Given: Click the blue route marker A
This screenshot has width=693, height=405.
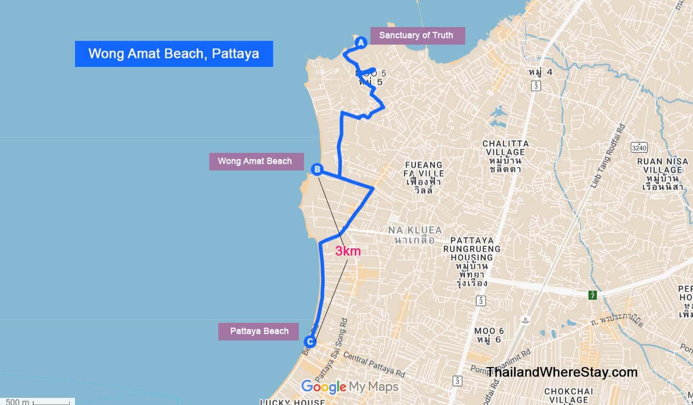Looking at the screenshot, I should click(x=361, y=43).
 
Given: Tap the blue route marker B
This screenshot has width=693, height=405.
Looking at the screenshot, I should click(x=317, y=169).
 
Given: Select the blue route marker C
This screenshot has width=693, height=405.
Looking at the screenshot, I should click(x=310, y=341).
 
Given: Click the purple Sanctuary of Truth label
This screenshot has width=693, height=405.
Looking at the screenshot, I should click(x=416, y=35).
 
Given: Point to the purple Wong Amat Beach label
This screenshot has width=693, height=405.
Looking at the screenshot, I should click(x=255, y=161).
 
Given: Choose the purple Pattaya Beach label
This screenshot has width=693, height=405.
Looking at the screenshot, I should click(x=259, y=331).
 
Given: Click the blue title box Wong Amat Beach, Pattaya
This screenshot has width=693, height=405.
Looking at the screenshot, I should click(x=174, y=54).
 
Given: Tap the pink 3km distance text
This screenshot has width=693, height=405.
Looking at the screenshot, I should click(x=348, y=251).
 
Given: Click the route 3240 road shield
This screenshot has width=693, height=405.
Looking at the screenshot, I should click(x=639, y=148).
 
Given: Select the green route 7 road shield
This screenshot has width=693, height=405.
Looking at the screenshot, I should click(x=592, y=295).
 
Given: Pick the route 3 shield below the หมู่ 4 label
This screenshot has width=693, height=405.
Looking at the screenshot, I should click(x=536, y=86).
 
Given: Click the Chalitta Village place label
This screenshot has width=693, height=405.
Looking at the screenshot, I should click(x=505, y=156).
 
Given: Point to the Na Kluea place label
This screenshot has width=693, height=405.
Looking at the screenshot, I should click(x=415, y=235).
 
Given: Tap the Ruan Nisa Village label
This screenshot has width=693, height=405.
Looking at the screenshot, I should click(x=663, y=174).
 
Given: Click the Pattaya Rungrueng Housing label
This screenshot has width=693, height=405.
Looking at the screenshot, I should click(x=471, y=262).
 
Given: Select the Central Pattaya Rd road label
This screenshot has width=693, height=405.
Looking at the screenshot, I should click(x=374, y=364).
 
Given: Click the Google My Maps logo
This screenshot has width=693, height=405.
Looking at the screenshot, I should click(x=350, y=387).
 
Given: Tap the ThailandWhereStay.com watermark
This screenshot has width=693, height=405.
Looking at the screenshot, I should click(x=562, y=372).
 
